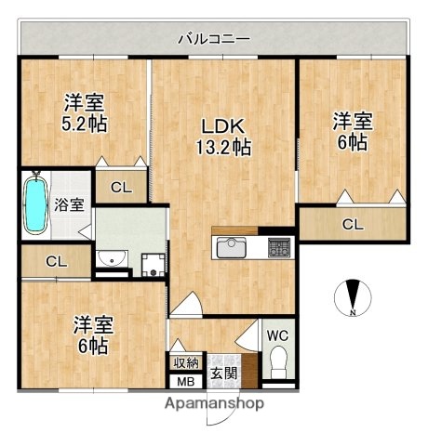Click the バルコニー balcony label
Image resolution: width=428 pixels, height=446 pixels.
214,39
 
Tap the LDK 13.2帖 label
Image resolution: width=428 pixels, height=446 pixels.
221,136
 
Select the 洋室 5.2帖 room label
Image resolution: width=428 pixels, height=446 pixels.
83,113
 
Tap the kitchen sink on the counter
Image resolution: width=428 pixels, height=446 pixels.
229,248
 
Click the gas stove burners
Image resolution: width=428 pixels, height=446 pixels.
277,248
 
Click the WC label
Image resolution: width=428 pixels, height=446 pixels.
277,335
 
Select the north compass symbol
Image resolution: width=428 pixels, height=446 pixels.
353,297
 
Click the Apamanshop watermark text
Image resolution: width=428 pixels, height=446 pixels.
214,403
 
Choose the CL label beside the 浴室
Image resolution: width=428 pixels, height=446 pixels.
121,188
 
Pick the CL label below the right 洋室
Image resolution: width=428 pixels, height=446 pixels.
352,224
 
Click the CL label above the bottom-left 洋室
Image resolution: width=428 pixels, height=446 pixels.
55,262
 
